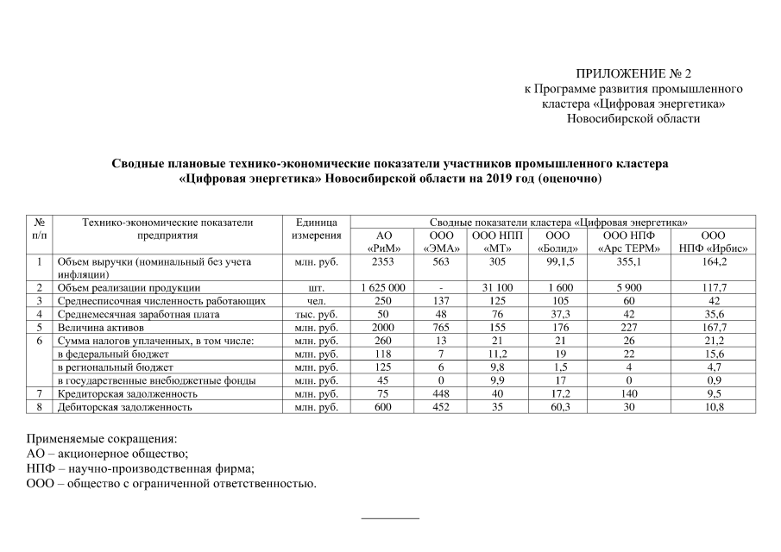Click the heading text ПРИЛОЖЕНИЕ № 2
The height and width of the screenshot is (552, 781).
point(633,74)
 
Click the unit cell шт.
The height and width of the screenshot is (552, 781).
point(316,287)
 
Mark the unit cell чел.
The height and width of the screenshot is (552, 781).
point(316,300)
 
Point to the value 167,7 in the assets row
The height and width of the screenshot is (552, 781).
point(712,328)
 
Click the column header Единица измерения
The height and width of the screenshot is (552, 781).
point(316,229)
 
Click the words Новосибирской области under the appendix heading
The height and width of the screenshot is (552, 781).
point(633,118)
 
